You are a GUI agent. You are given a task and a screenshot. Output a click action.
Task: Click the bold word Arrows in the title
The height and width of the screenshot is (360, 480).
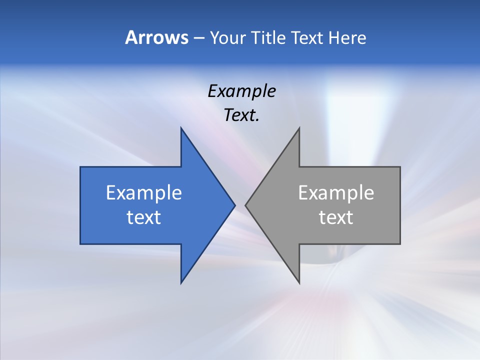click(156, 37)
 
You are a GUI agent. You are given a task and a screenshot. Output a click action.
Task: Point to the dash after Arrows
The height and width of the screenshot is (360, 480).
click(198, 38)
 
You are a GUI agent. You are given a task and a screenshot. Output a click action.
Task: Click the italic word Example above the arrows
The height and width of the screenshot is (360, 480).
click(241, 91)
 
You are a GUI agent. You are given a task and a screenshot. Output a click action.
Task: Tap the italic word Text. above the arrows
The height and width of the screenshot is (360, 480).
click(241, 115)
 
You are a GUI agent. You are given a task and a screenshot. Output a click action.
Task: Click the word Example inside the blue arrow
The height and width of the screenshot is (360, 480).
click(144, 192)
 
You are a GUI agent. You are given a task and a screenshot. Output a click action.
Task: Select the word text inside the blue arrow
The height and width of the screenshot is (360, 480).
click(144, 217)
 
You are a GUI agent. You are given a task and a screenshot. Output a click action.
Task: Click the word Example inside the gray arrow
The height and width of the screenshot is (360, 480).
click(336, 192)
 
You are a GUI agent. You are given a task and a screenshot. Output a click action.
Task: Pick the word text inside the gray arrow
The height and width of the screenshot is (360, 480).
click(336, 217)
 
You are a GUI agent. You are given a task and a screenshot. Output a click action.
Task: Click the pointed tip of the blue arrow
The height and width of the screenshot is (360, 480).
click(234, 205)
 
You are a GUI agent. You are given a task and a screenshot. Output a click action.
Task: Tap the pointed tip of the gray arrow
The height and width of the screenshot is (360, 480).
click(245, 205)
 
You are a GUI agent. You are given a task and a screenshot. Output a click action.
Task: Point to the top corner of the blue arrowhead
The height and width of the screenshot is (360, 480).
click(181, 128)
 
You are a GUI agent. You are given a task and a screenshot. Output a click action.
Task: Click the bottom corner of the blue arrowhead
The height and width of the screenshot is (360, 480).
click(181, 283)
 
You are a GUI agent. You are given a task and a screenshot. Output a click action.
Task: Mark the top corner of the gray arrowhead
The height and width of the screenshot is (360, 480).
click(299, 128)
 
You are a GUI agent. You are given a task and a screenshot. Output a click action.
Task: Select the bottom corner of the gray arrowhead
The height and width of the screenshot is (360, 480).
click(299, 283)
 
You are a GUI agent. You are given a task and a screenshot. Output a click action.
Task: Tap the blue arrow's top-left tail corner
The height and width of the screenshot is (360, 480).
click(80, 167)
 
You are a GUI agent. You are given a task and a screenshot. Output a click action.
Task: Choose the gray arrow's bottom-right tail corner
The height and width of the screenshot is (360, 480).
click(400, 243)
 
